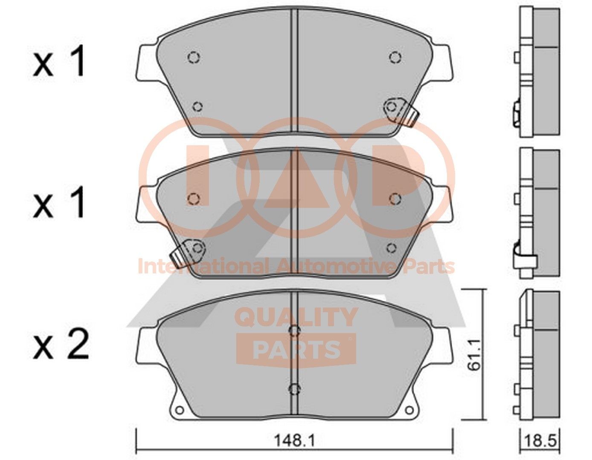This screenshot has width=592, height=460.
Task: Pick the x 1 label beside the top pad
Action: (x=60, y=63)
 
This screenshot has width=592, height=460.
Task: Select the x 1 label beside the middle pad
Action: (x=60, y=204)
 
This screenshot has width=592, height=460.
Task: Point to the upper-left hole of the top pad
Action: (x=193, y=57)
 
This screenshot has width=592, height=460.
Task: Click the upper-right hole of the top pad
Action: (x=395, y=57)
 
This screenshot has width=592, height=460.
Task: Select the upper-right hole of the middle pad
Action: (x=395, y=198)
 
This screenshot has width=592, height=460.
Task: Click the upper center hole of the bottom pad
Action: (x=294, y=331)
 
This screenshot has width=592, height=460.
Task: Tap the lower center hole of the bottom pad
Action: (x=294, y=388)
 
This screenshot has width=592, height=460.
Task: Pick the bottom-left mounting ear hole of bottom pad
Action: (x=179, y=411)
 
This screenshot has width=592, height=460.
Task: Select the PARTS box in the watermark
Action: (x=296, y=350)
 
